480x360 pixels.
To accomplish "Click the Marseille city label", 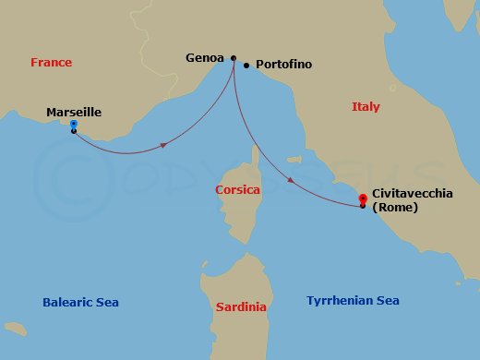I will click(x=74, y=114).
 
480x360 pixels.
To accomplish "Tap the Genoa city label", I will click(x=204, y=57).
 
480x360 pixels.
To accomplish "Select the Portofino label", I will click(x=285, y=65).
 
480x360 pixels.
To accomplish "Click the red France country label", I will click(x=51, y=63).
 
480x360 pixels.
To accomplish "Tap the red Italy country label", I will click(x=366, y=107).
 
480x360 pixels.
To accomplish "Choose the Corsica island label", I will click(x=237, y=189).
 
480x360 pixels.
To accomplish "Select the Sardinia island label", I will click(x=241, y=306).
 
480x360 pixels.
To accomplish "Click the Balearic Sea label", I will click(x=80, y=303).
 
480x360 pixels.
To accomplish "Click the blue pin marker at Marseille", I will click(x=73, y=125).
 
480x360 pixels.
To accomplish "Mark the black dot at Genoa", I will click(x=233, y=57).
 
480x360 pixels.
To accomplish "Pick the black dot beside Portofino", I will click(x=246, y=66).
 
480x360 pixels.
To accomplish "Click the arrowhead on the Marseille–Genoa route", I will click(x=163, y=145).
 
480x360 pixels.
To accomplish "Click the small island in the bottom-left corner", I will click(x=13, y=328).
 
